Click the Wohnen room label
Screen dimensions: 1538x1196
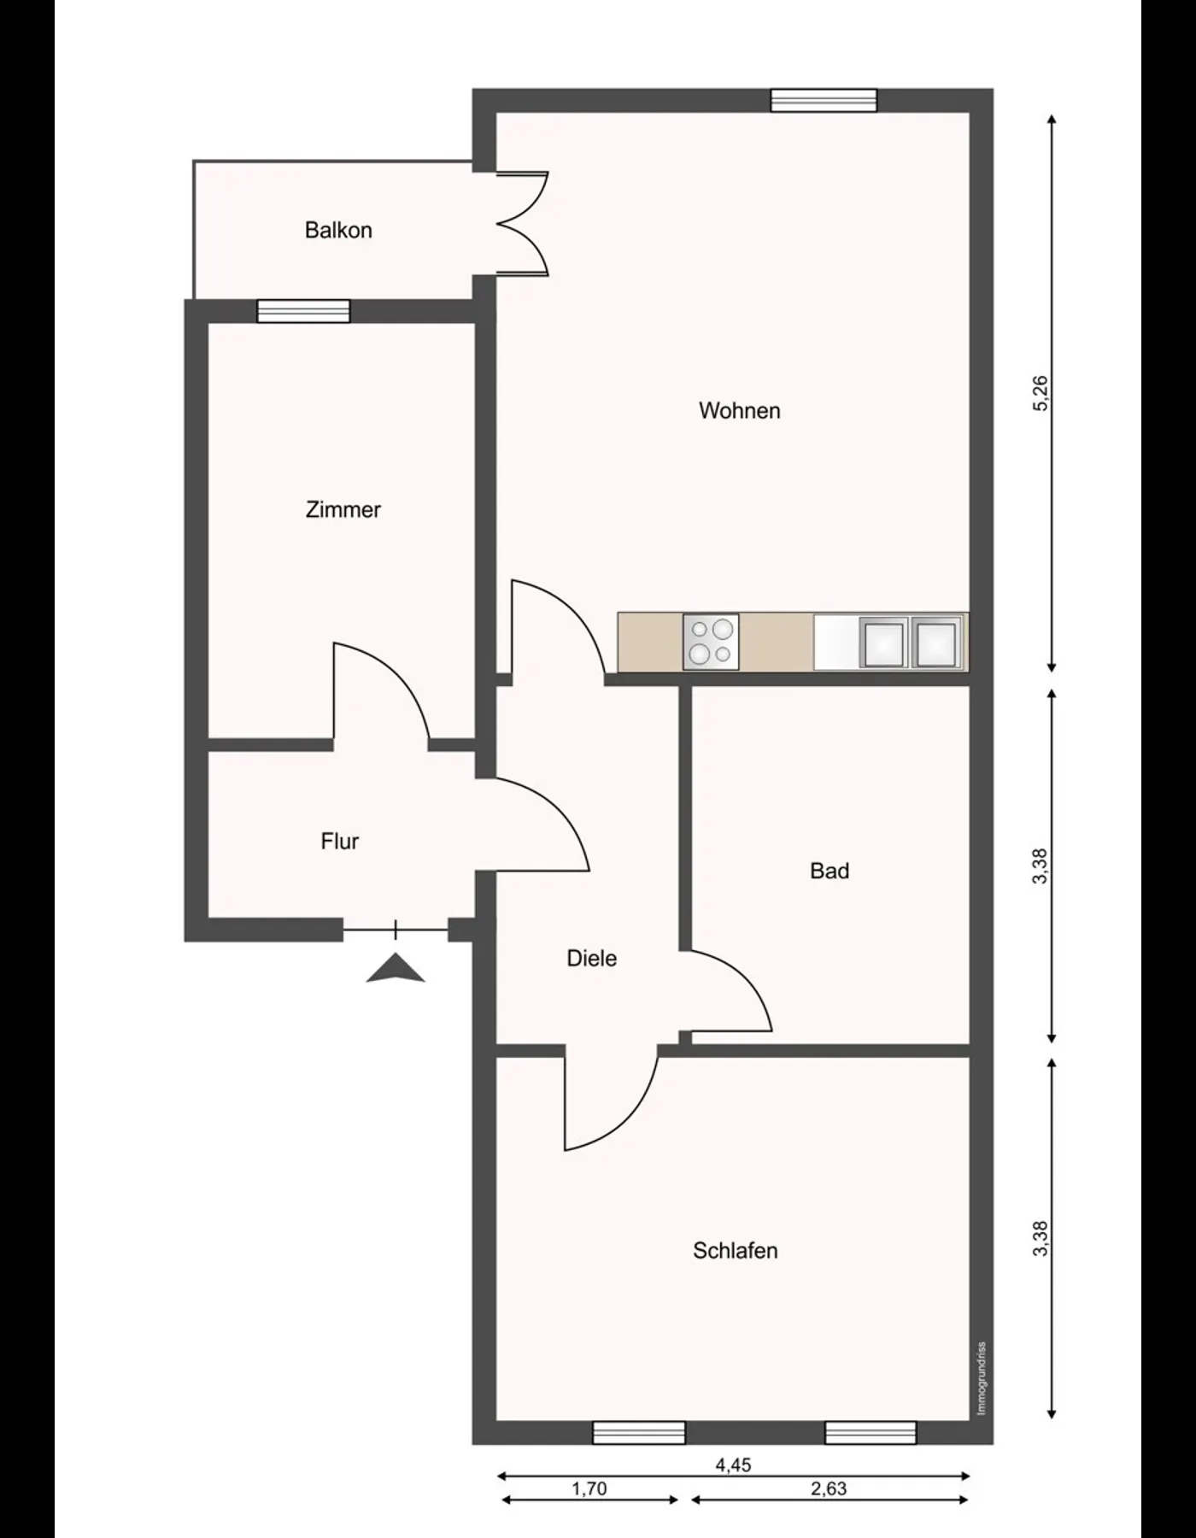(x=739, y=411)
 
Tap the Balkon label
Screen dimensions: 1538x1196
(x=338, y=231)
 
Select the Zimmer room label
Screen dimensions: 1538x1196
(x=343, y=510)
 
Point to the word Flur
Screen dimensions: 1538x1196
(x=339, y=842)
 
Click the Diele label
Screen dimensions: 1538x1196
(x=591, y=959)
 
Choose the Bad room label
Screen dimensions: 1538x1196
(x=830, y=872)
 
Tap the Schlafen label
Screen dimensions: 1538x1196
(x=735, y=1251)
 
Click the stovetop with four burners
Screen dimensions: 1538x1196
(x=711, y=642)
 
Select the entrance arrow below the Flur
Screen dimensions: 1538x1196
(x=396, y=969)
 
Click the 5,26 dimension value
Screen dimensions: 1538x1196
(x=1040, y=393)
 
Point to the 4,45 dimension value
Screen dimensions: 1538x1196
(x=733, y=1465)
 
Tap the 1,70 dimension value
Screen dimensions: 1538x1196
(x=589, y=1489)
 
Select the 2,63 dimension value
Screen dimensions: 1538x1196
(x=829, y=1489)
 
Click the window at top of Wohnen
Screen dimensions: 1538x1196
(x=824, y=101)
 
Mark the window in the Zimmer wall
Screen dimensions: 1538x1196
(x=303, y=311)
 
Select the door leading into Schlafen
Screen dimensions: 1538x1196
(x=611, y=1102)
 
